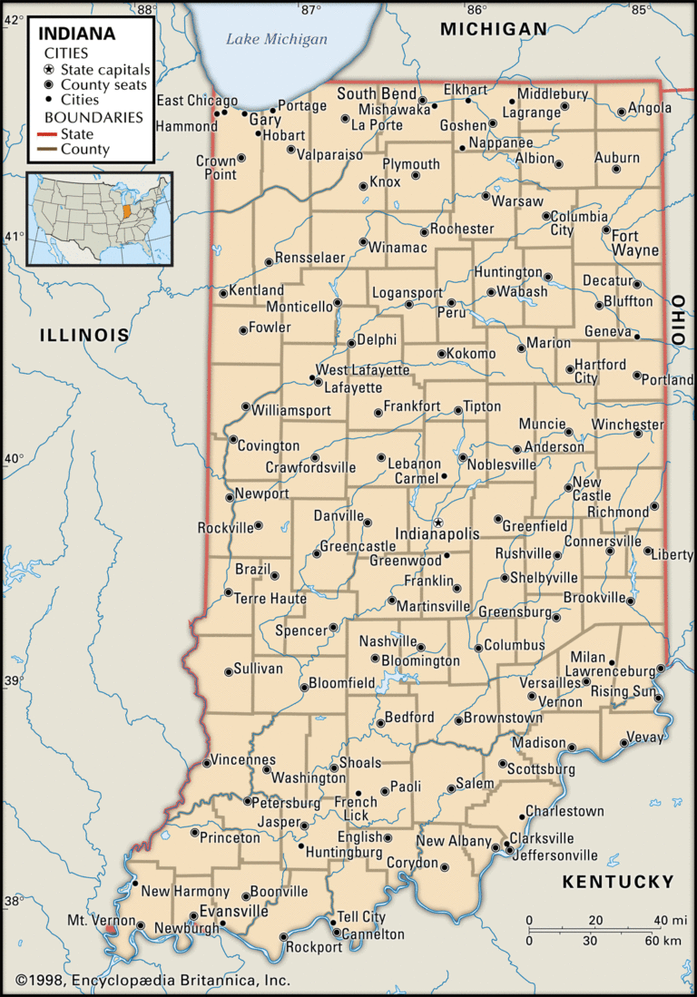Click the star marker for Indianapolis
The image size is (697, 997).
(x=437, y=523)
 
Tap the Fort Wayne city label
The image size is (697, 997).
(x=635, y=243)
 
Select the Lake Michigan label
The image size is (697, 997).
(x=277, y=39)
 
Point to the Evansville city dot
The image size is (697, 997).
(x=192, y=915)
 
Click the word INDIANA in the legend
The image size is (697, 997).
(x=77, y=34)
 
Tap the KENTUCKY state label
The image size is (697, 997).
(x=618, y=881)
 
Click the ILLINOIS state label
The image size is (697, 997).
(x=84, y=335)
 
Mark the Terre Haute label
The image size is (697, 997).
(x=270, y=599)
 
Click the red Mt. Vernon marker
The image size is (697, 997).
(x=110, y=928)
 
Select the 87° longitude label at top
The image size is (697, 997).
(x=311, y=9)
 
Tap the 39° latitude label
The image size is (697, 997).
(x=13, y=681)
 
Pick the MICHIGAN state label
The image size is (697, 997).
(x=494, y=29)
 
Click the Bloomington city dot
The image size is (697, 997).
(x=375, y=659)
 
